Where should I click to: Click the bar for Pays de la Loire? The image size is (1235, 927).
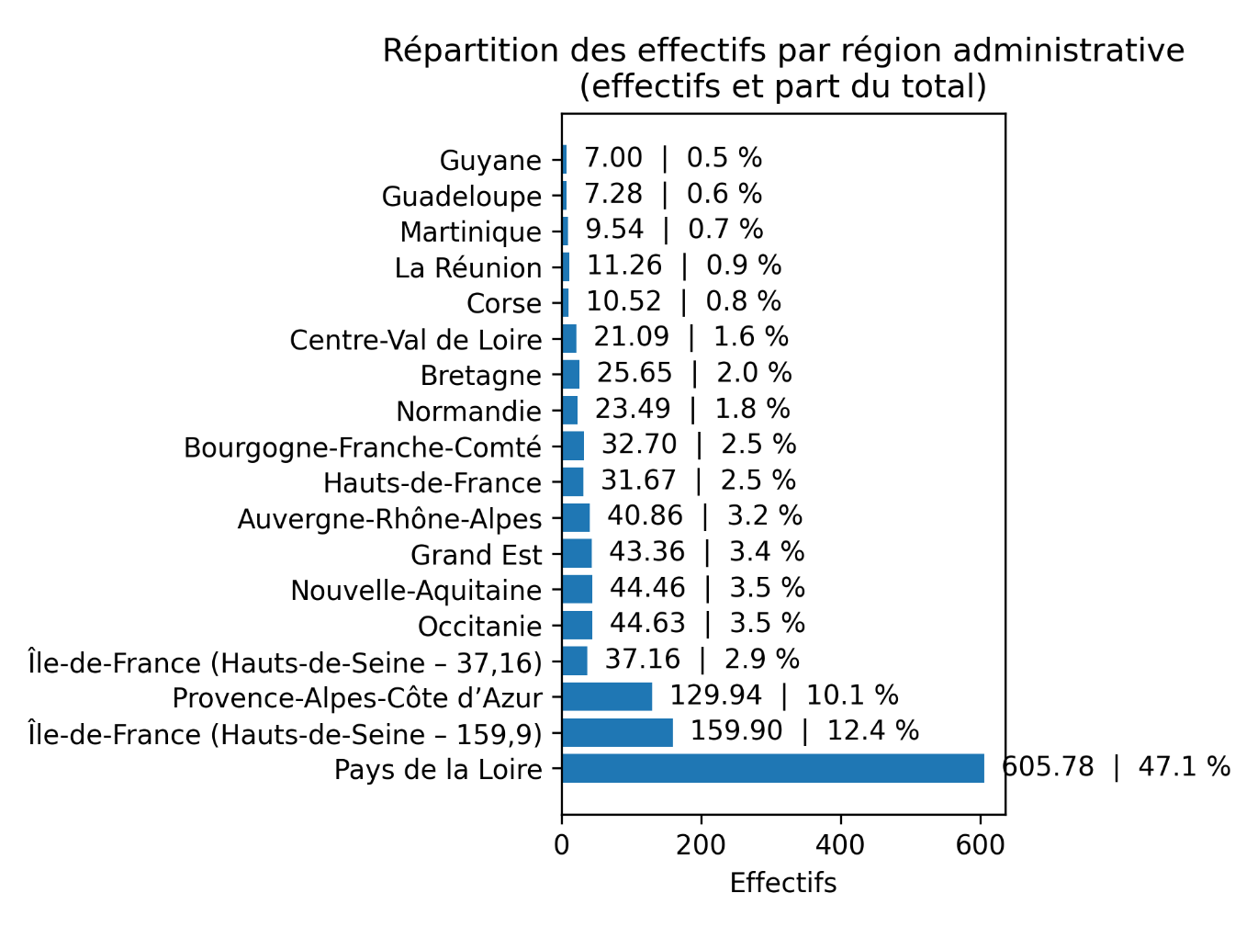point(773,768)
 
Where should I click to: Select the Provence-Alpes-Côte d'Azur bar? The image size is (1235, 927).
point(607,696)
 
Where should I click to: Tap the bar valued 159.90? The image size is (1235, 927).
point(617,732)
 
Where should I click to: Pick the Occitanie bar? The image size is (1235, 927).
point(578,625)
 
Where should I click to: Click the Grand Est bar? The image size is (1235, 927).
point(577,553)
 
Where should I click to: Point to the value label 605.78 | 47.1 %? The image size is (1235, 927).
point(1117,766)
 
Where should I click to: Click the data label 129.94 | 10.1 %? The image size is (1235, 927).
point(784,695)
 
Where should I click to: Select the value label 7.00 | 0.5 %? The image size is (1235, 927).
point(673,158)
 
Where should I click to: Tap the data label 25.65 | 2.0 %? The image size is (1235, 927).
point(694,373)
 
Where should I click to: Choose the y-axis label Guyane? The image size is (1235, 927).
point(490,161)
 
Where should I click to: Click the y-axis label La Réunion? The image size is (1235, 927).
point(468,268)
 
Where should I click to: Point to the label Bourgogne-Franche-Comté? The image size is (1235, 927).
point(363,447)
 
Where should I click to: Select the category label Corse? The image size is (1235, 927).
point(503,303)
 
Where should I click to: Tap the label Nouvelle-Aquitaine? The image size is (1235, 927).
point(416,591)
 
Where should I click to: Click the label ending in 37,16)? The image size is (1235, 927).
point(285,661)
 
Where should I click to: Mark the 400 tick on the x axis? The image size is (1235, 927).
point(840,845)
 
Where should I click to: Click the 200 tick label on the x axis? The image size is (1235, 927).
point(701,845)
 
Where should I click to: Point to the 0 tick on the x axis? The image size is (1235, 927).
point(562,845)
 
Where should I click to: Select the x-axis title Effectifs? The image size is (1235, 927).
point(783,883)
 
